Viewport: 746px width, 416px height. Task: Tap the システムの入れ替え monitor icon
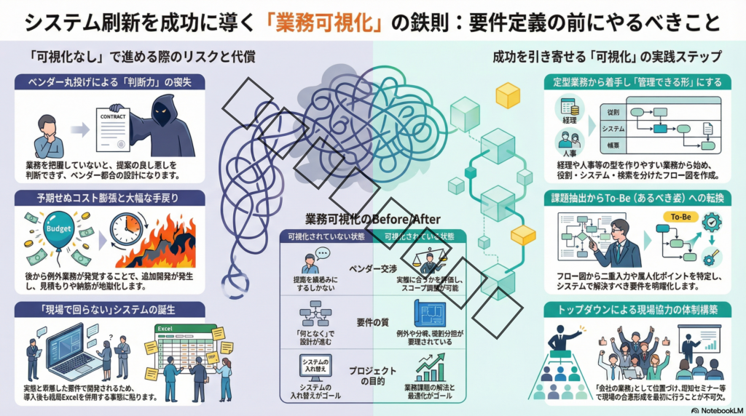click(315, 366)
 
